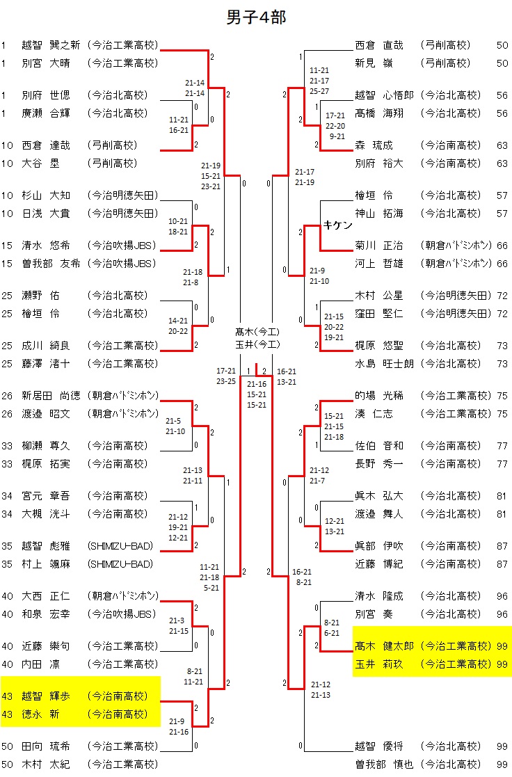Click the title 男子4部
[256, 17]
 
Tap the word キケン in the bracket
[338, 225]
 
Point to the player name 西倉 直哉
[379, 45]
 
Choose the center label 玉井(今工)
[257, 344]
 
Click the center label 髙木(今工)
[257, 331]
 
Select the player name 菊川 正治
[379, 246]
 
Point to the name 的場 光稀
[379, 396]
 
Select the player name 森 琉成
[374, 145]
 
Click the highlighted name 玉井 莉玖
[379, 664]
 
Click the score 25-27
[320, 91]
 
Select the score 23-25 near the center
[226, 381]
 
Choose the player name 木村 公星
[379, 296]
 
